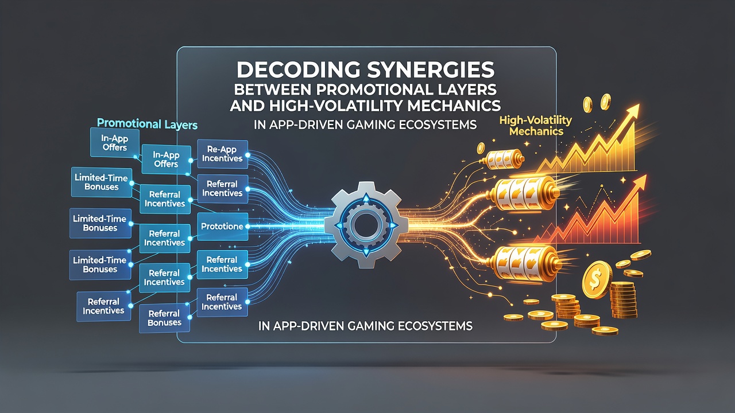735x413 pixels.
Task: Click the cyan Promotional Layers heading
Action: point(148,124)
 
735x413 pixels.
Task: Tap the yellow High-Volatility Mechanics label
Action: point(536,126)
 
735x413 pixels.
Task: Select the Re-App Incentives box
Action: point(222,154)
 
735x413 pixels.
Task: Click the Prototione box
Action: point(222,227)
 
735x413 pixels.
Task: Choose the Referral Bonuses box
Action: point(164,318)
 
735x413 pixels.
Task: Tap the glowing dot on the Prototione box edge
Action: point(247,227)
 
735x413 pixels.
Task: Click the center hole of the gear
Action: point(366,224)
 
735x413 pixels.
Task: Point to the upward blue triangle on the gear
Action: point(366,198)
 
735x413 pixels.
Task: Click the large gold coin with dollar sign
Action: point(596,279)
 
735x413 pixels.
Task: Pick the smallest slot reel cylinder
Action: point(502,160)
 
